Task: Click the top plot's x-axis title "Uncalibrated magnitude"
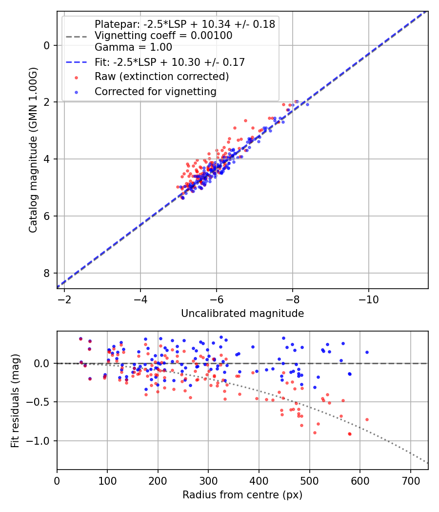(242, 314)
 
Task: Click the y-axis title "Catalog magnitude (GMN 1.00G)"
(33, 150)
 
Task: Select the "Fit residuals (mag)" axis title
(15, 400)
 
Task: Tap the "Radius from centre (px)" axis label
(242, 495)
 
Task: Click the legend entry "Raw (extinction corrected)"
(161, 77)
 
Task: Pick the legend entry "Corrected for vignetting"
(155, 91)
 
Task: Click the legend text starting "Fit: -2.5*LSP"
(169, 62)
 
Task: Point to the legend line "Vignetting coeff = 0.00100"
(163, 36)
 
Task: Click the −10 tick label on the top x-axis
(368, 298)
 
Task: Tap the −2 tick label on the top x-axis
(64, 298)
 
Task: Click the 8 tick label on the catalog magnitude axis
(47, 273)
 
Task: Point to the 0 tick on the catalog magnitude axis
(47, 45)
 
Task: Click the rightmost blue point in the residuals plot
(367, 352)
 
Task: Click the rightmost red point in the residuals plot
(367, 419)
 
